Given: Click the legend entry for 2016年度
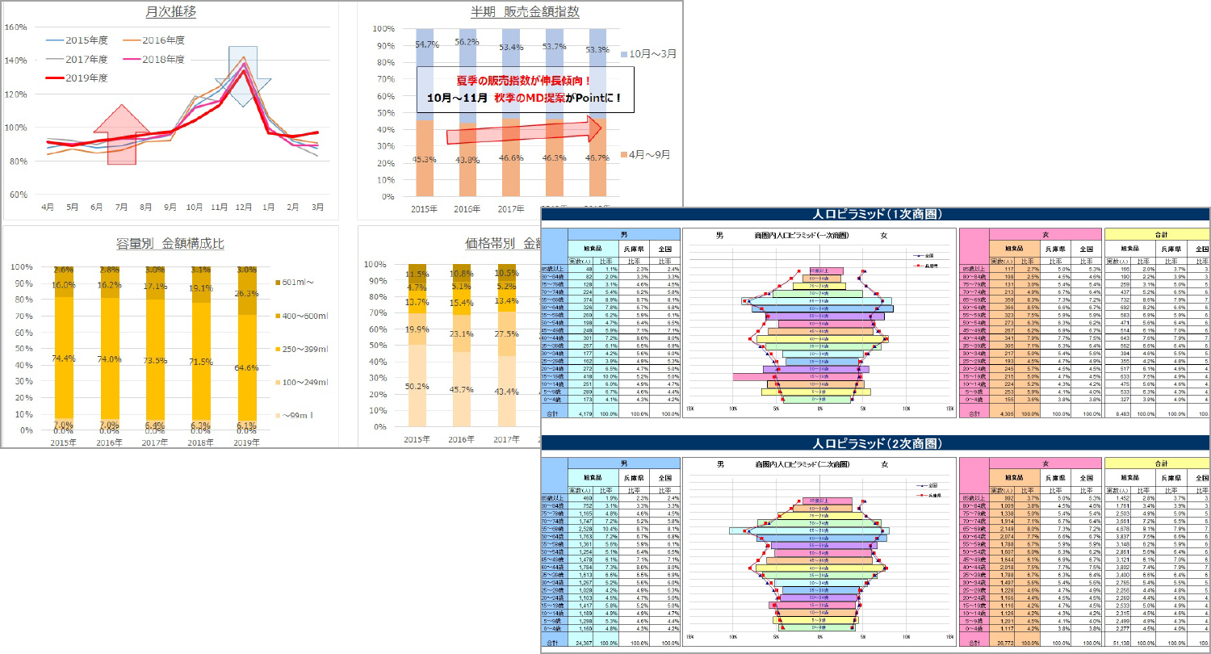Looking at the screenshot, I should coord(166,40).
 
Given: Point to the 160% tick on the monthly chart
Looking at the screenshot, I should coord(15,27).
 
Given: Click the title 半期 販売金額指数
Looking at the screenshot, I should coord(525,12).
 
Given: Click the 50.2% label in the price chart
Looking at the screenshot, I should coord(417,387).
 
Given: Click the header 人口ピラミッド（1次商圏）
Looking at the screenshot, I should coord(876,215).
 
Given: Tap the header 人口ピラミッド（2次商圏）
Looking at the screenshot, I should coord(876,443).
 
